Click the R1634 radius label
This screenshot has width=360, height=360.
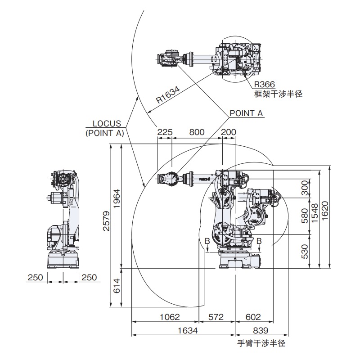[168, 95]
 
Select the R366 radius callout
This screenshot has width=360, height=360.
[265, 84]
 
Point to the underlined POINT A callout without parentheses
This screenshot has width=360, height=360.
[246, 113]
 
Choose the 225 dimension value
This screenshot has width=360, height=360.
[165, 132]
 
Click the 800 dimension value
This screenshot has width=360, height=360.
[197, 132]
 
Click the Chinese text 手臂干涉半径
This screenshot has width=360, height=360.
[261, 343]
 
